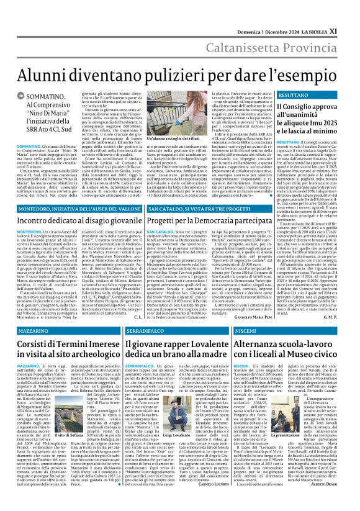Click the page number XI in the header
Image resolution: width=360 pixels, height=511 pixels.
click(x=351, y=12)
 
